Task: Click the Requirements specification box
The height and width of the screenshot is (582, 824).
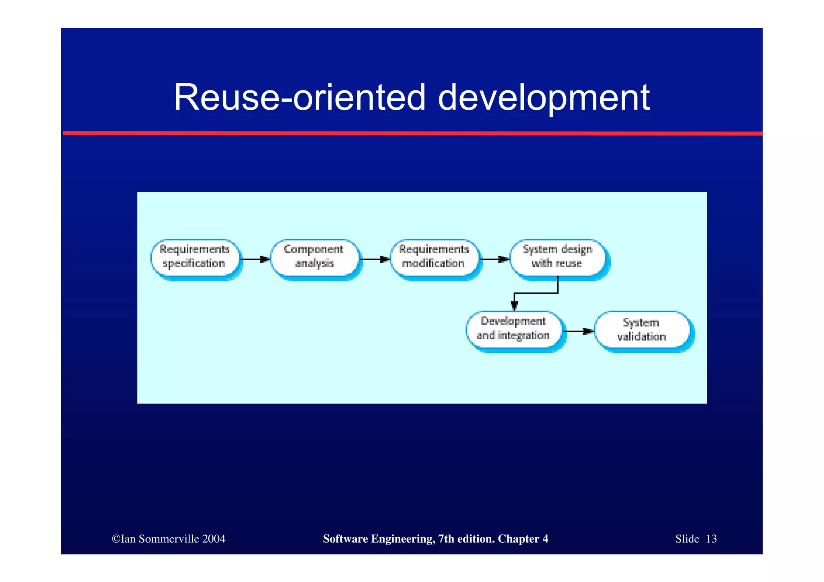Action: [x=195, y=257]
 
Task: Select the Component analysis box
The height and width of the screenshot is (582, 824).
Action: [x=314, y=257]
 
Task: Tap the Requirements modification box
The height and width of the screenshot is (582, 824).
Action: [x=434, y=257]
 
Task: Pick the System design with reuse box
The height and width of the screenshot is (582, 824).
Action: [x=558, y=257]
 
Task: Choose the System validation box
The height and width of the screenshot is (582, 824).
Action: [x=642, y=330]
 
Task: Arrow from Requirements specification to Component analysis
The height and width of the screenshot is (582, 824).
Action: [x=255, y=259]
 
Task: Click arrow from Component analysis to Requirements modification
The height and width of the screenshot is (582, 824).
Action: [x=375, y=259]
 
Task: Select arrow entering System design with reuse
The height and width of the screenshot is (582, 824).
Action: [x=494, y=259]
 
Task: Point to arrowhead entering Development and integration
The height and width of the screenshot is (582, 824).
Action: [x=514, y=306]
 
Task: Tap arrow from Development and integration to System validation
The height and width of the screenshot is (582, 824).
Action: [x=578, y=331]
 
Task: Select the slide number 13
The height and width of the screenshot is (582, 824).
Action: [x=711, y=539]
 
